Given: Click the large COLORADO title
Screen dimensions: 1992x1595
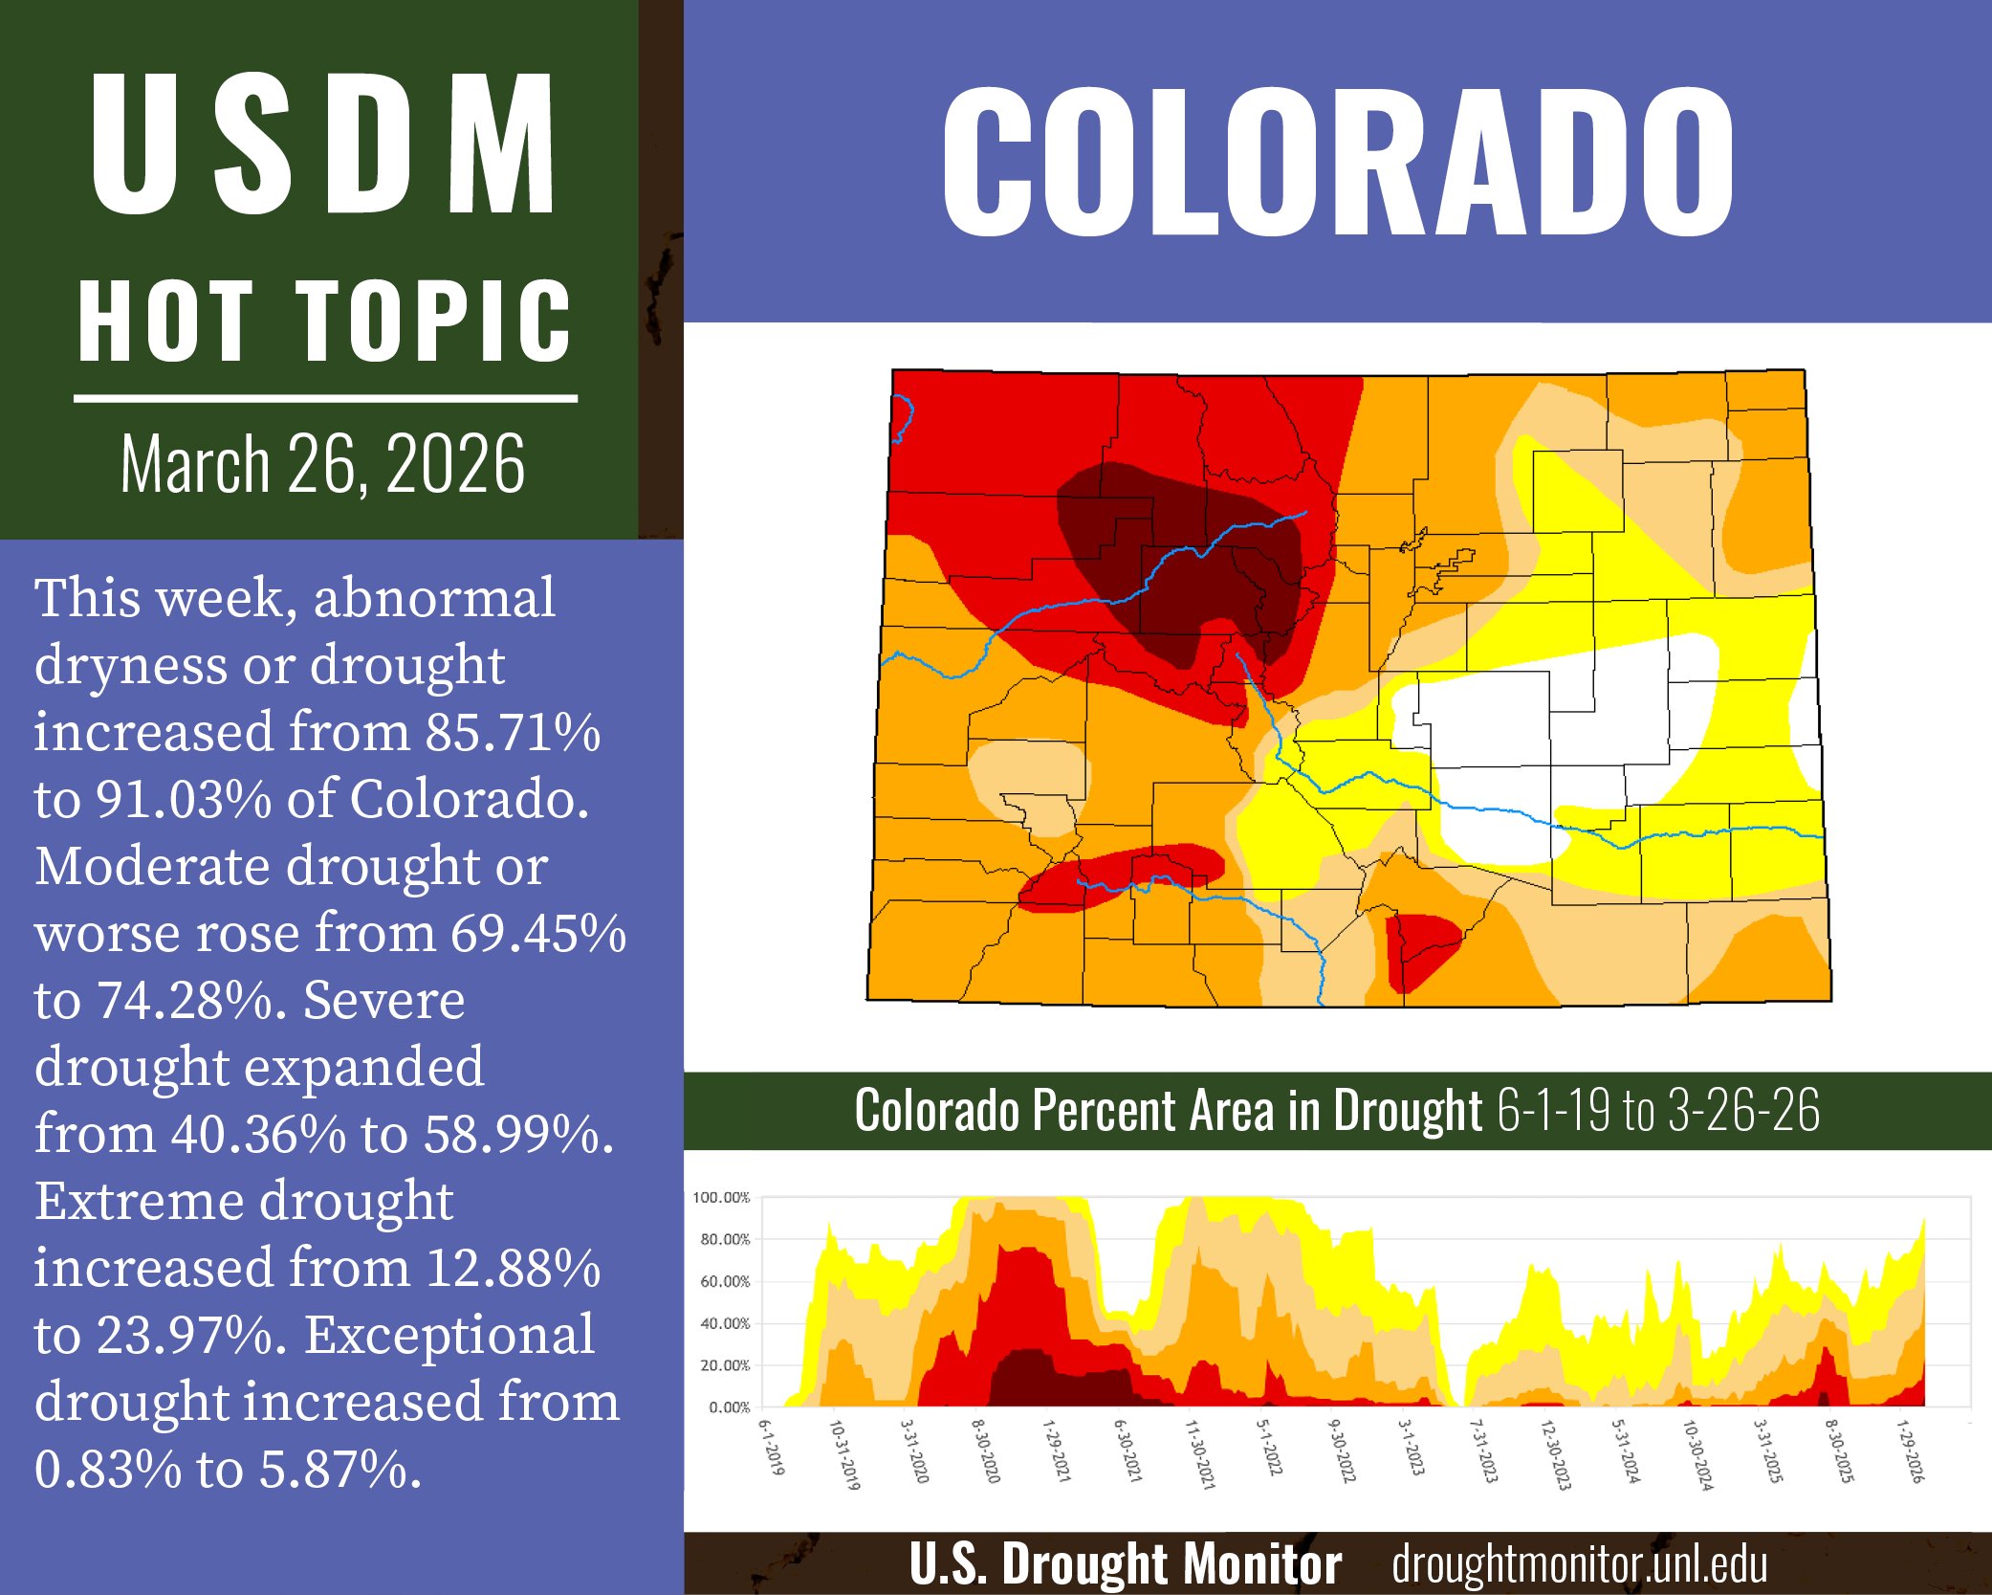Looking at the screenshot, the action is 1337,163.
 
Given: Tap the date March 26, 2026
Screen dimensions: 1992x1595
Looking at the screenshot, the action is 323,464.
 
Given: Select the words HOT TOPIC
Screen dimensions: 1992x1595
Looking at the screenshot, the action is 323,321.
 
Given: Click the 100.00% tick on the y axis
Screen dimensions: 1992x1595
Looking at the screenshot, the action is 721,1198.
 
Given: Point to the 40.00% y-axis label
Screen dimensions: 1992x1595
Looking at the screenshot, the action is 725,1323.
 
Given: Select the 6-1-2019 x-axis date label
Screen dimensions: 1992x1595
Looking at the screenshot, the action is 771,1447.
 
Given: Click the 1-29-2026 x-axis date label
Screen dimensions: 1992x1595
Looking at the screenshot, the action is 1909,1451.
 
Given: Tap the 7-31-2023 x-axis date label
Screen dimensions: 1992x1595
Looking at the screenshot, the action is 1482,1451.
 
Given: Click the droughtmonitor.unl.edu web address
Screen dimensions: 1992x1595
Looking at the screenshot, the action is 1579,1564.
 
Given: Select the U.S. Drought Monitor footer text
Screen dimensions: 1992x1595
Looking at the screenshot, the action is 1125,1564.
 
